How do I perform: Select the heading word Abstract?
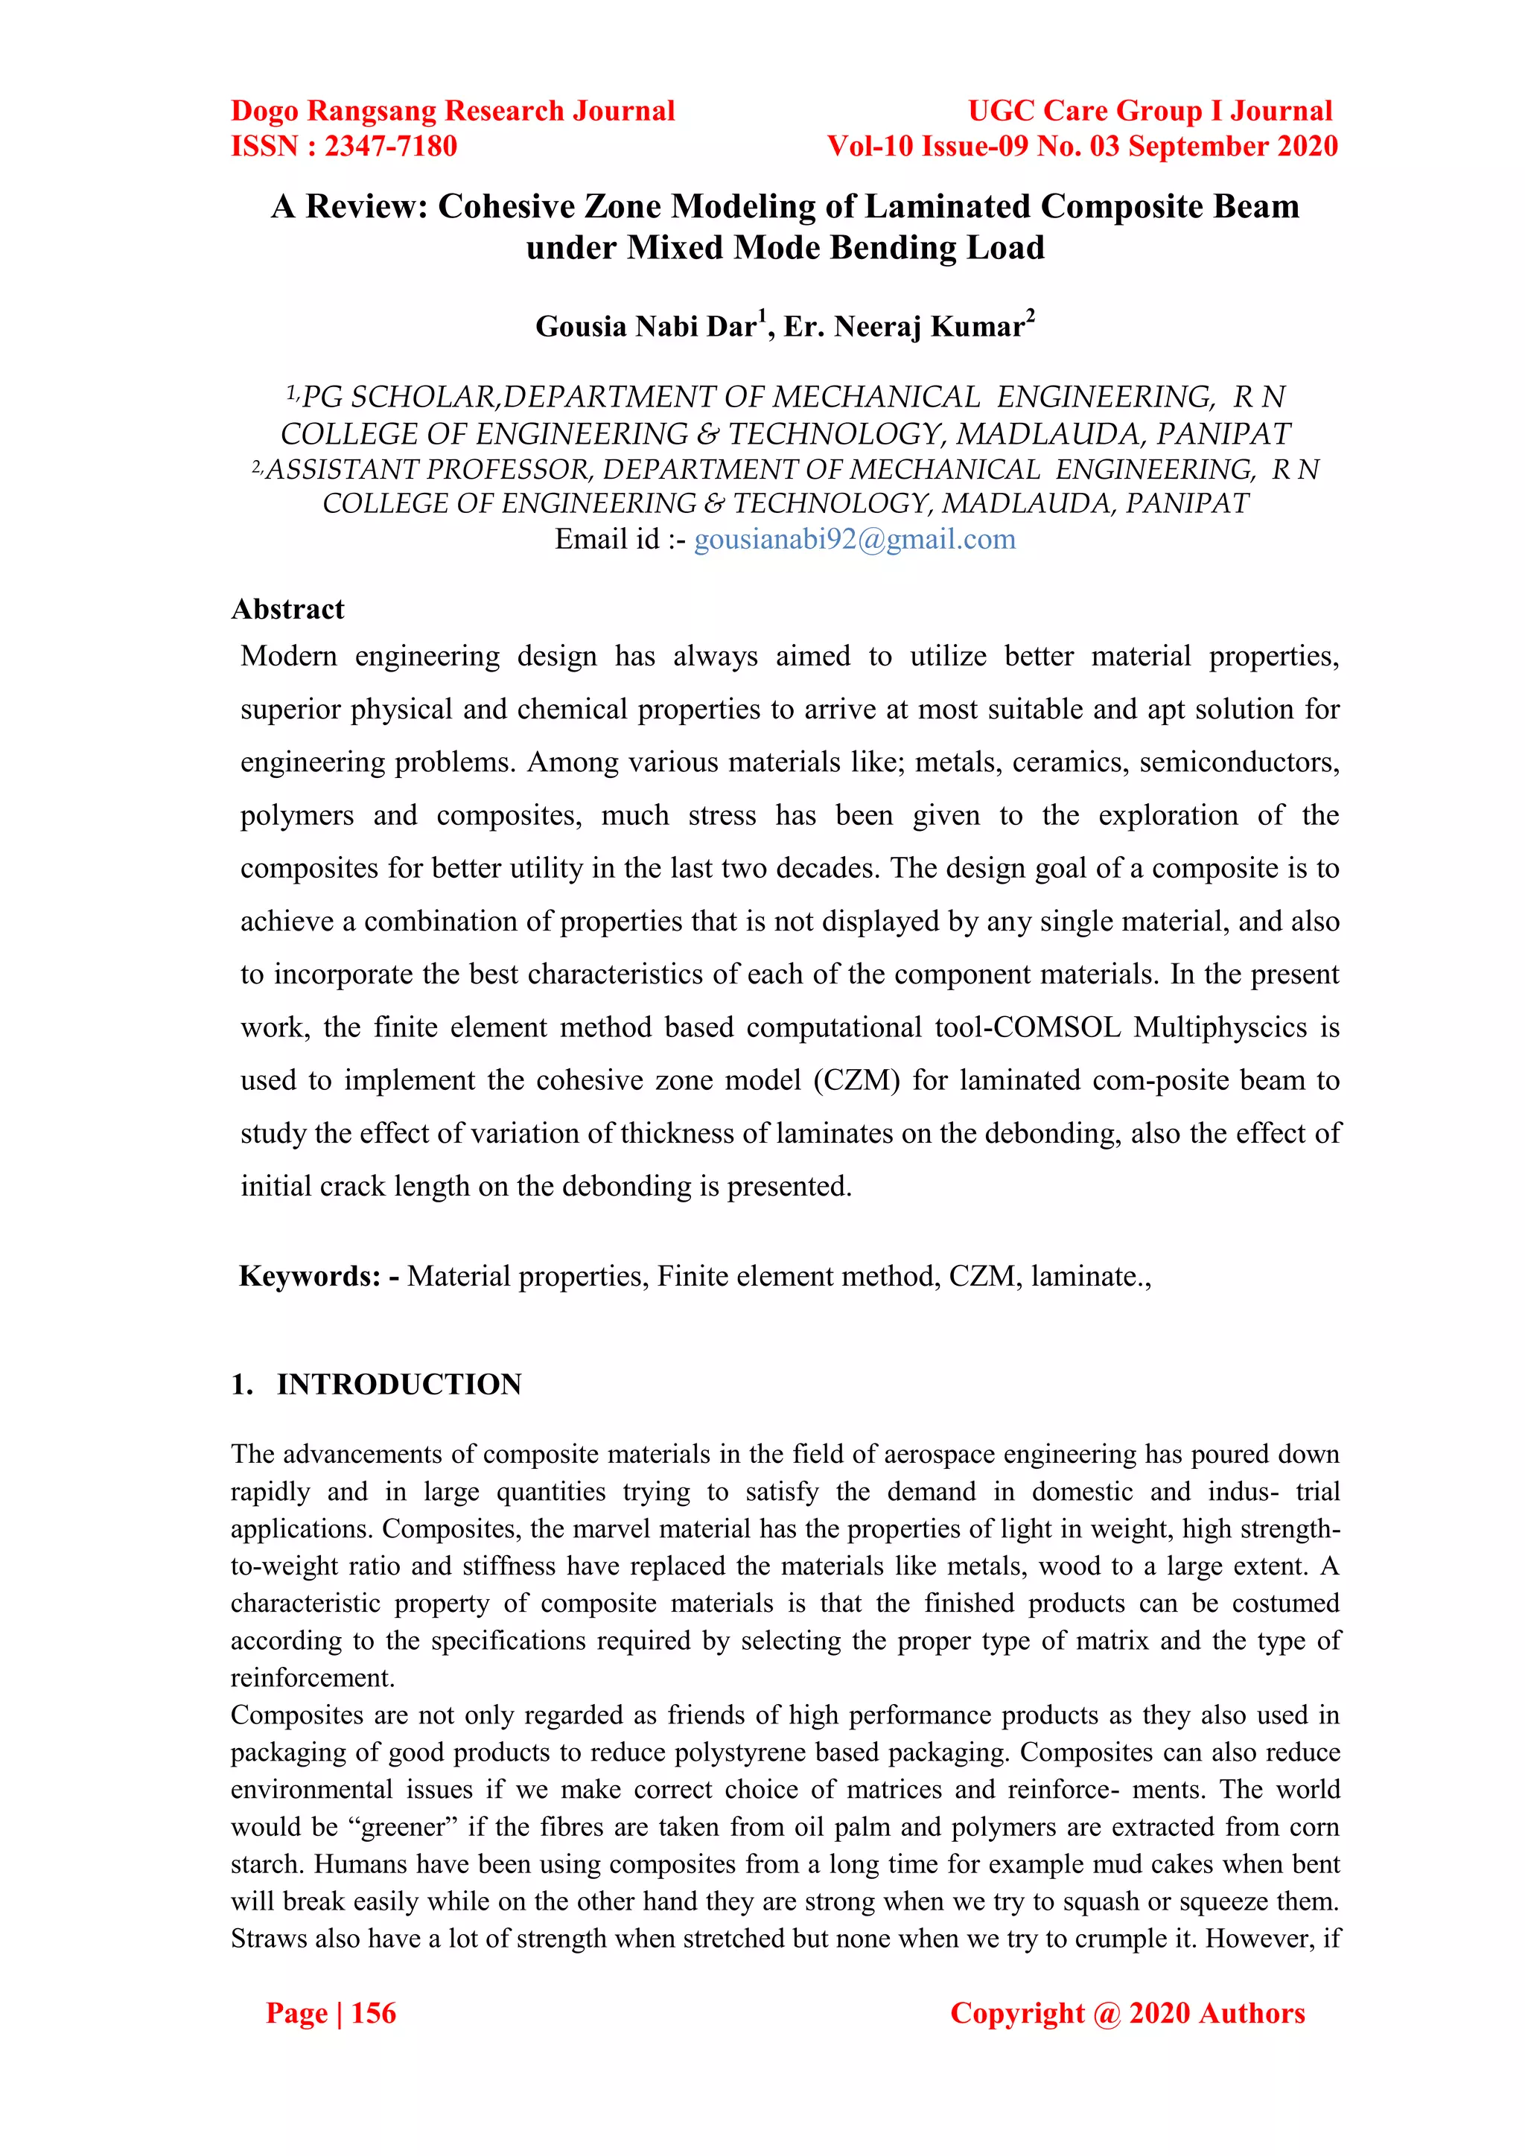point(287,610)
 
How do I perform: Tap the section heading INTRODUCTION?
point(398,1384)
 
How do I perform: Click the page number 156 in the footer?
point(373,2012)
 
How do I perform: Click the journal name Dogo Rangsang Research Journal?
point(453,111)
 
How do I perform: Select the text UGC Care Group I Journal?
point(1150,111)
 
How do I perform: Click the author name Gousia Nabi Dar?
point(646,326)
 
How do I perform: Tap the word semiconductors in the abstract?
point(1238,762)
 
